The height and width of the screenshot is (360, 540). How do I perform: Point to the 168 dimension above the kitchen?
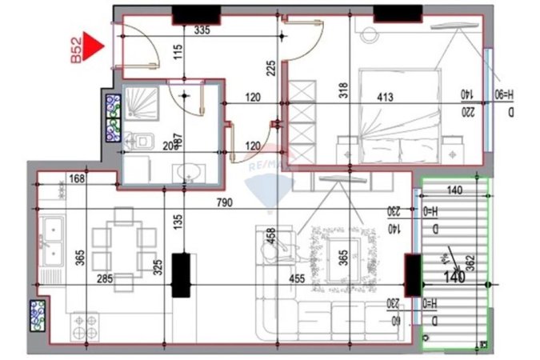(77, 178)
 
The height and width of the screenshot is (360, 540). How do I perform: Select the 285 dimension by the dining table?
(104, 280)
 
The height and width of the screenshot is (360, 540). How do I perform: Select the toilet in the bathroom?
(141, 142)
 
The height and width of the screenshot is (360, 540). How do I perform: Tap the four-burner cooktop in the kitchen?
(86, 326)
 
